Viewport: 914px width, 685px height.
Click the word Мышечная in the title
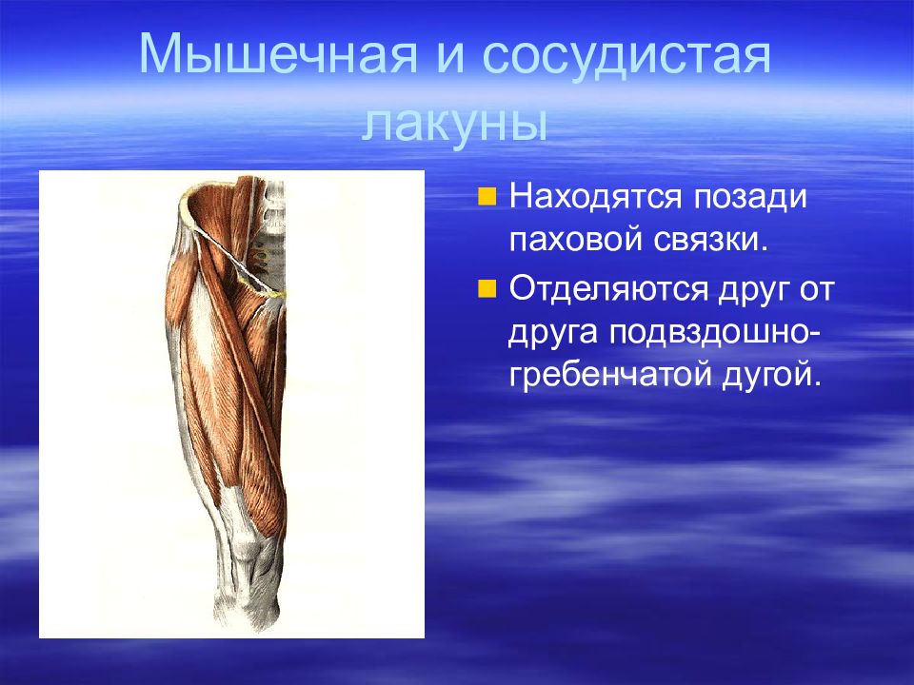[278, 54]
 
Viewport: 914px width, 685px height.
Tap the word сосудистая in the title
[627, 56]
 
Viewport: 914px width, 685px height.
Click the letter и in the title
[450, 57]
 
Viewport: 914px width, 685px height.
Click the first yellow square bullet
[487, 197]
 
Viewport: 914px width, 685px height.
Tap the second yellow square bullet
[487, 288]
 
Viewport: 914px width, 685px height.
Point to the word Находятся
[595, 198]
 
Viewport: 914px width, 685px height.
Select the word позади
[751, 198]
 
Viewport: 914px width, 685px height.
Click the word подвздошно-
[714, 334]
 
